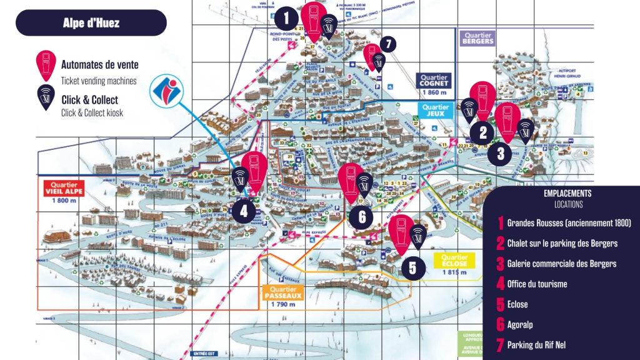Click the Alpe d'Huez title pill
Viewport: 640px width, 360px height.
pos(91,23)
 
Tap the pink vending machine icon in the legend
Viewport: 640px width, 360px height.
pos(46,67)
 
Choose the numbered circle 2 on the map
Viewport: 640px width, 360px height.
pos(482,132)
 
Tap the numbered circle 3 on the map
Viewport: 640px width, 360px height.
pos(500,152)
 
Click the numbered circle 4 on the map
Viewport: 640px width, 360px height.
pos(243,211)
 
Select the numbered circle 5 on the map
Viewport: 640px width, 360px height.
pos(412,267)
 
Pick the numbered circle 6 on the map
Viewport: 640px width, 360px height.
pos(362,216)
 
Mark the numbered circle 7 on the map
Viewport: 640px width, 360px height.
pos(387,44)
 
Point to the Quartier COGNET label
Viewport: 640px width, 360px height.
pos(435,82)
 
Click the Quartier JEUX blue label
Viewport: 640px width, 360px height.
pos(435,111)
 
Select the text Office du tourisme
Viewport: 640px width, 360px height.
pos(537,284)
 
